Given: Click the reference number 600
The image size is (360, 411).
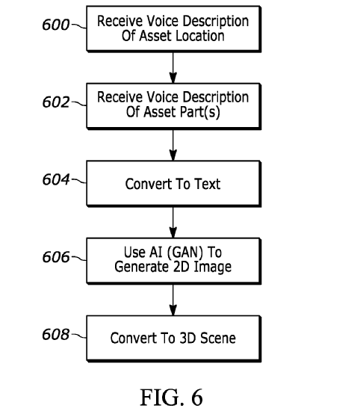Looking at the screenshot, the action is [x=56, y=25].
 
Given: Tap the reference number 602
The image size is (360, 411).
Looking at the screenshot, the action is [x=56, y=102].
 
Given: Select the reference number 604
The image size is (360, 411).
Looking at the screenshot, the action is [x=56, y=179].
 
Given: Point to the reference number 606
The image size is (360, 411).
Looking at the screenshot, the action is [x=56, y=257].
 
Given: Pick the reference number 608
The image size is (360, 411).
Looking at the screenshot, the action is [x=56, y=335].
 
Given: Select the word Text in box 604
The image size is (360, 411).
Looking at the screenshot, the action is [x=207, y=184].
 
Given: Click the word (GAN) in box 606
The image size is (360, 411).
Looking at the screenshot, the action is [x=184, y=253].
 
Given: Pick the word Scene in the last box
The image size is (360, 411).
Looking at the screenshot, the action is [x=218, y=338].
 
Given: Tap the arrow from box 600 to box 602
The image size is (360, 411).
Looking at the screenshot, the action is [x=173, y=68].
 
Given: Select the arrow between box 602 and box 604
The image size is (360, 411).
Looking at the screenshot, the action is [x=173, y=145].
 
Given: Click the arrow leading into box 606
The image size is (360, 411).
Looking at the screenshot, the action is [x=173, y=223].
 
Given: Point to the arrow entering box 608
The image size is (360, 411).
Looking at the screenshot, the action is [x=173, y=300].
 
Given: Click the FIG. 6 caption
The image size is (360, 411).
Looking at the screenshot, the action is [x=172, y=398].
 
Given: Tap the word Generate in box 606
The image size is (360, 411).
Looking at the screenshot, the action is [x=141, y=268].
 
